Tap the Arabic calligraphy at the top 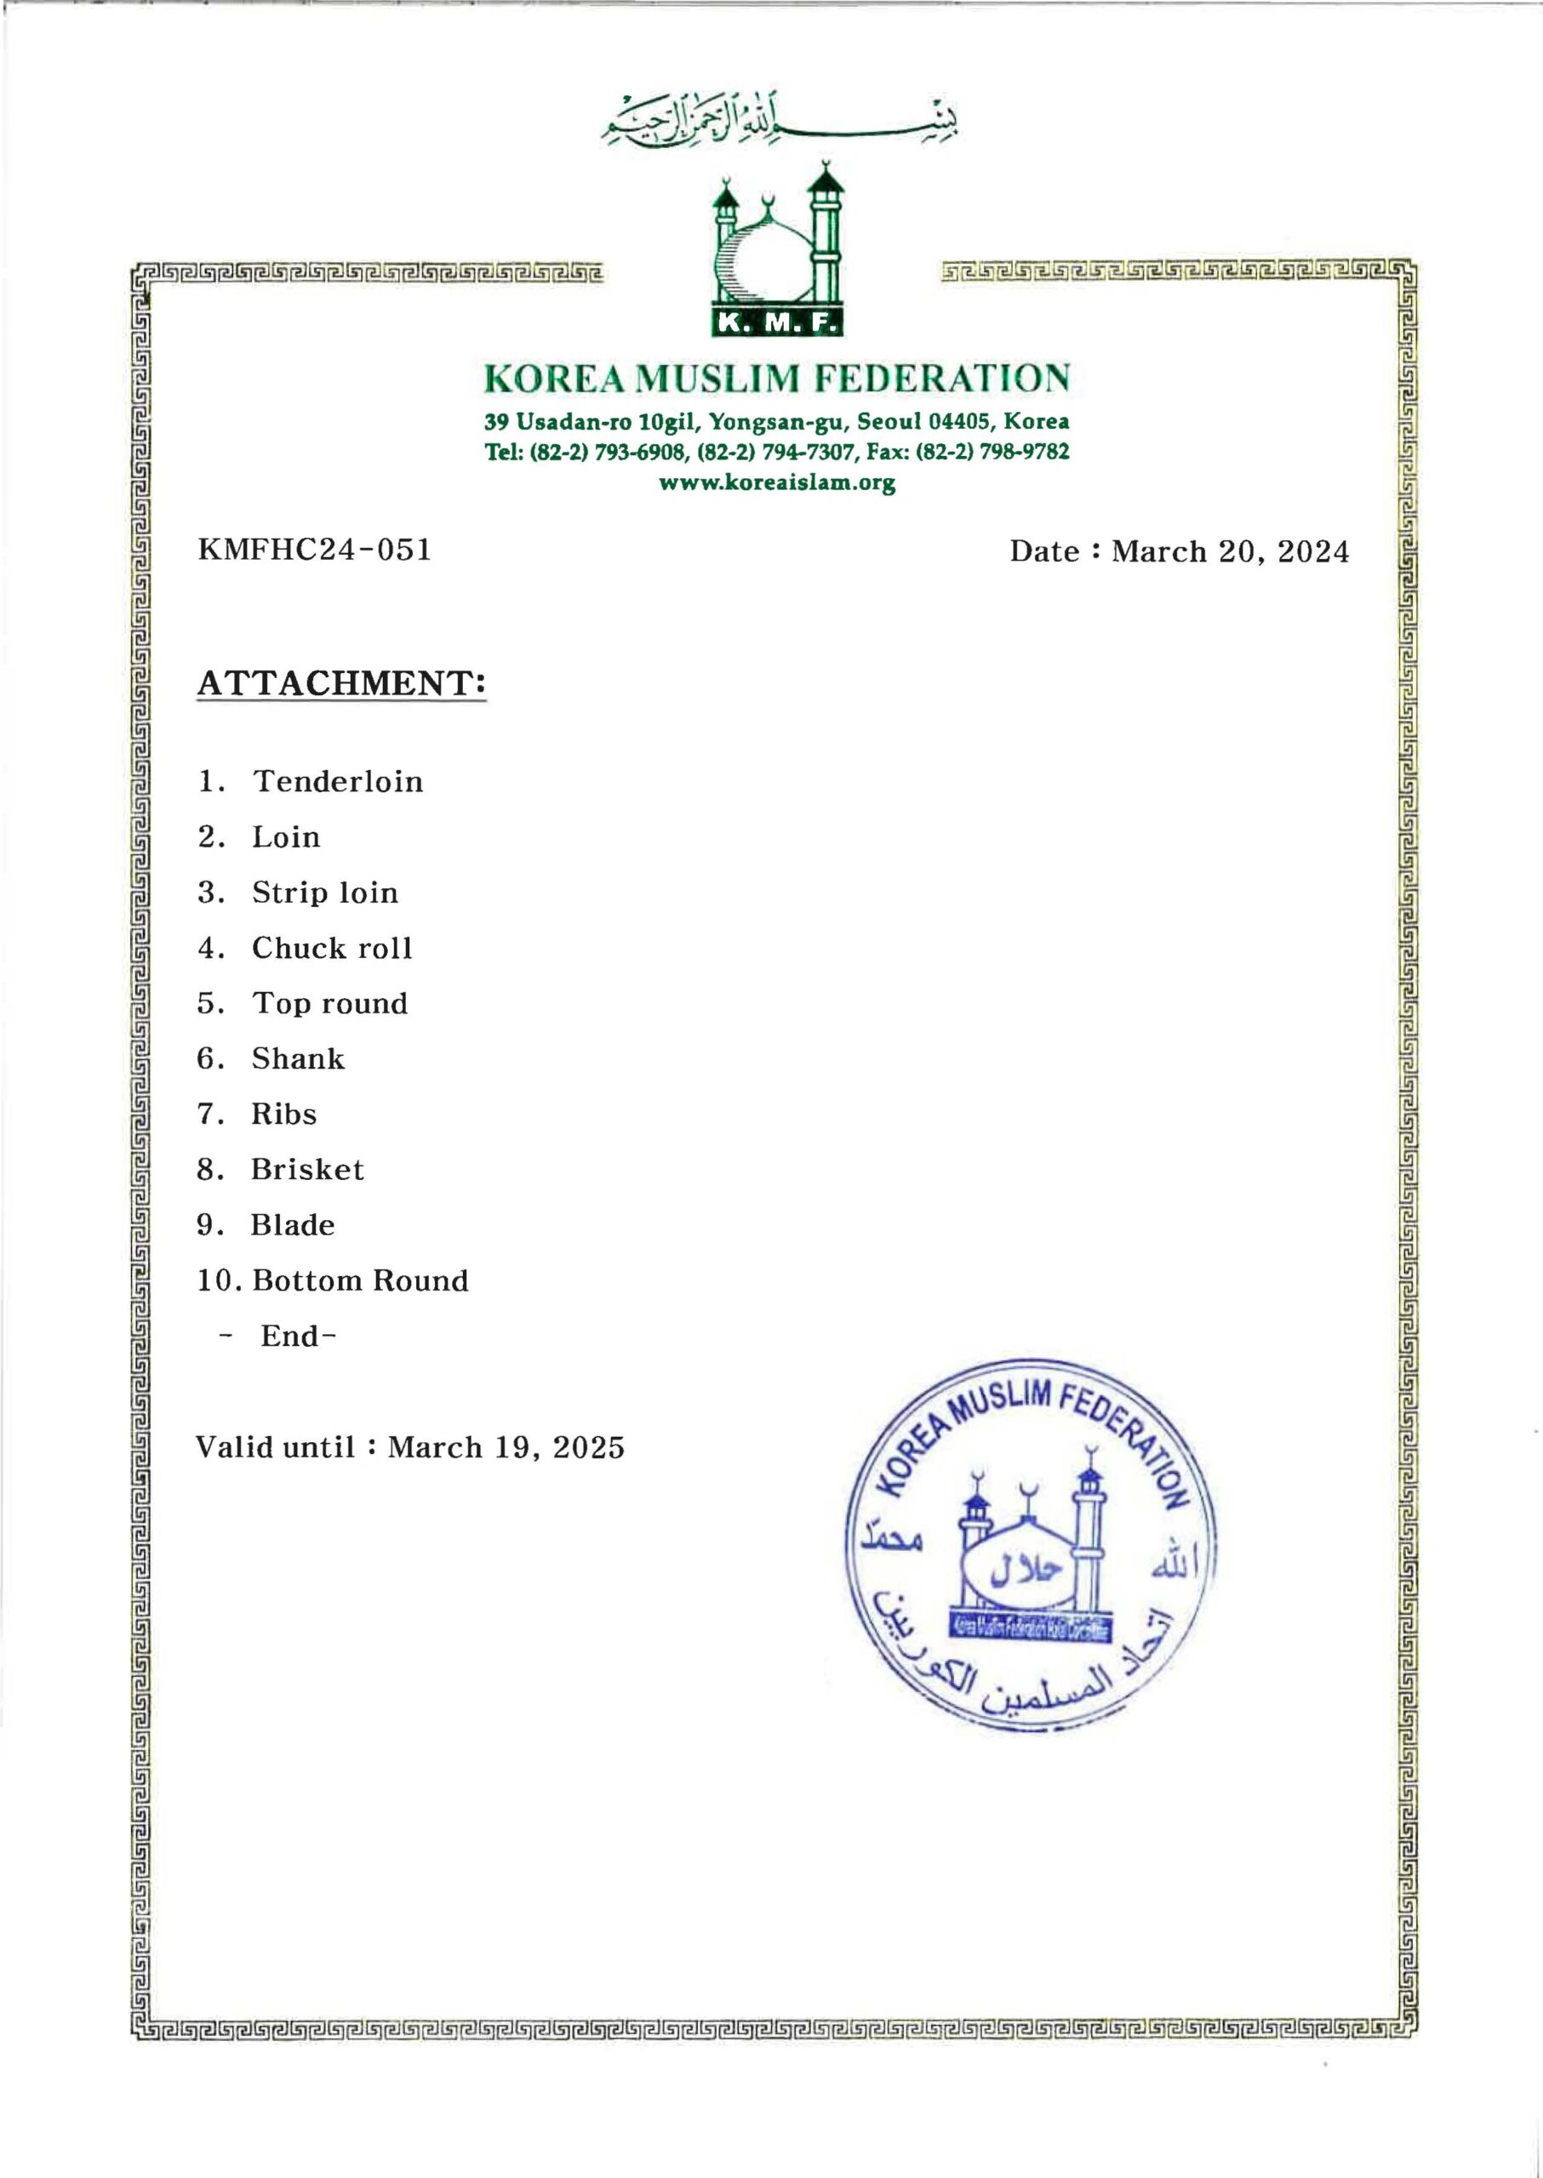[779, 120]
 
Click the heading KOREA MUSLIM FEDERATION [776, 378]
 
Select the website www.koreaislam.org [777, 482]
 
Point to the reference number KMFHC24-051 [315, 549]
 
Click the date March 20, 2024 [1230, 551]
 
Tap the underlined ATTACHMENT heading [341, 683]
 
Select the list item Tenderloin [337, 782]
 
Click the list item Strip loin [325, 892]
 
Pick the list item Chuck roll [332, 948]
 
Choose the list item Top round [329, 1003]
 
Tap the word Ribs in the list [284, 1115]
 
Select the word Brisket [308, 1169]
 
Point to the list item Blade [293, 1225]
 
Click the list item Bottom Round [360, 1280]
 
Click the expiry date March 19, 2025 [506, 1447]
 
